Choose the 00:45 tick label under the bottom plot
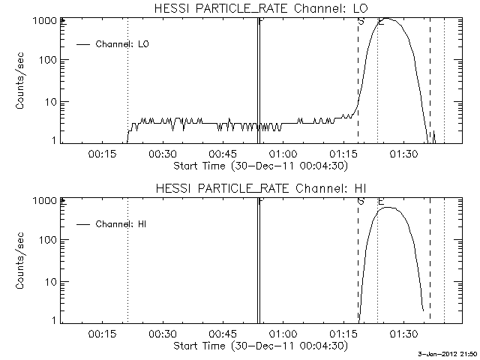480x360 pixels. [221, 334]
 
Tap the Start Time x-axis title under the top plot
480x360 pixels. [259, 165]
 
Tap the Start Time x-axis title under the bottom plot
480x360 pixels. [259, 345]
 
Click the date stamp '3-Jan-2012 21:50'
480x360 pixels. [448, 354]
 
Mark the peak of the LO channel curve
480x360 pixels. [387, 19]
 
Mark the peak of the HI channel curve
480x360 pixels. [387, 208]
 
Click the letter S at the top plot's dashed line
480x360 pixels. [361, 21]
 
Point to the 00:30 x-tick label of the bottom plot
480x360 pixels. [161, 334]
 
